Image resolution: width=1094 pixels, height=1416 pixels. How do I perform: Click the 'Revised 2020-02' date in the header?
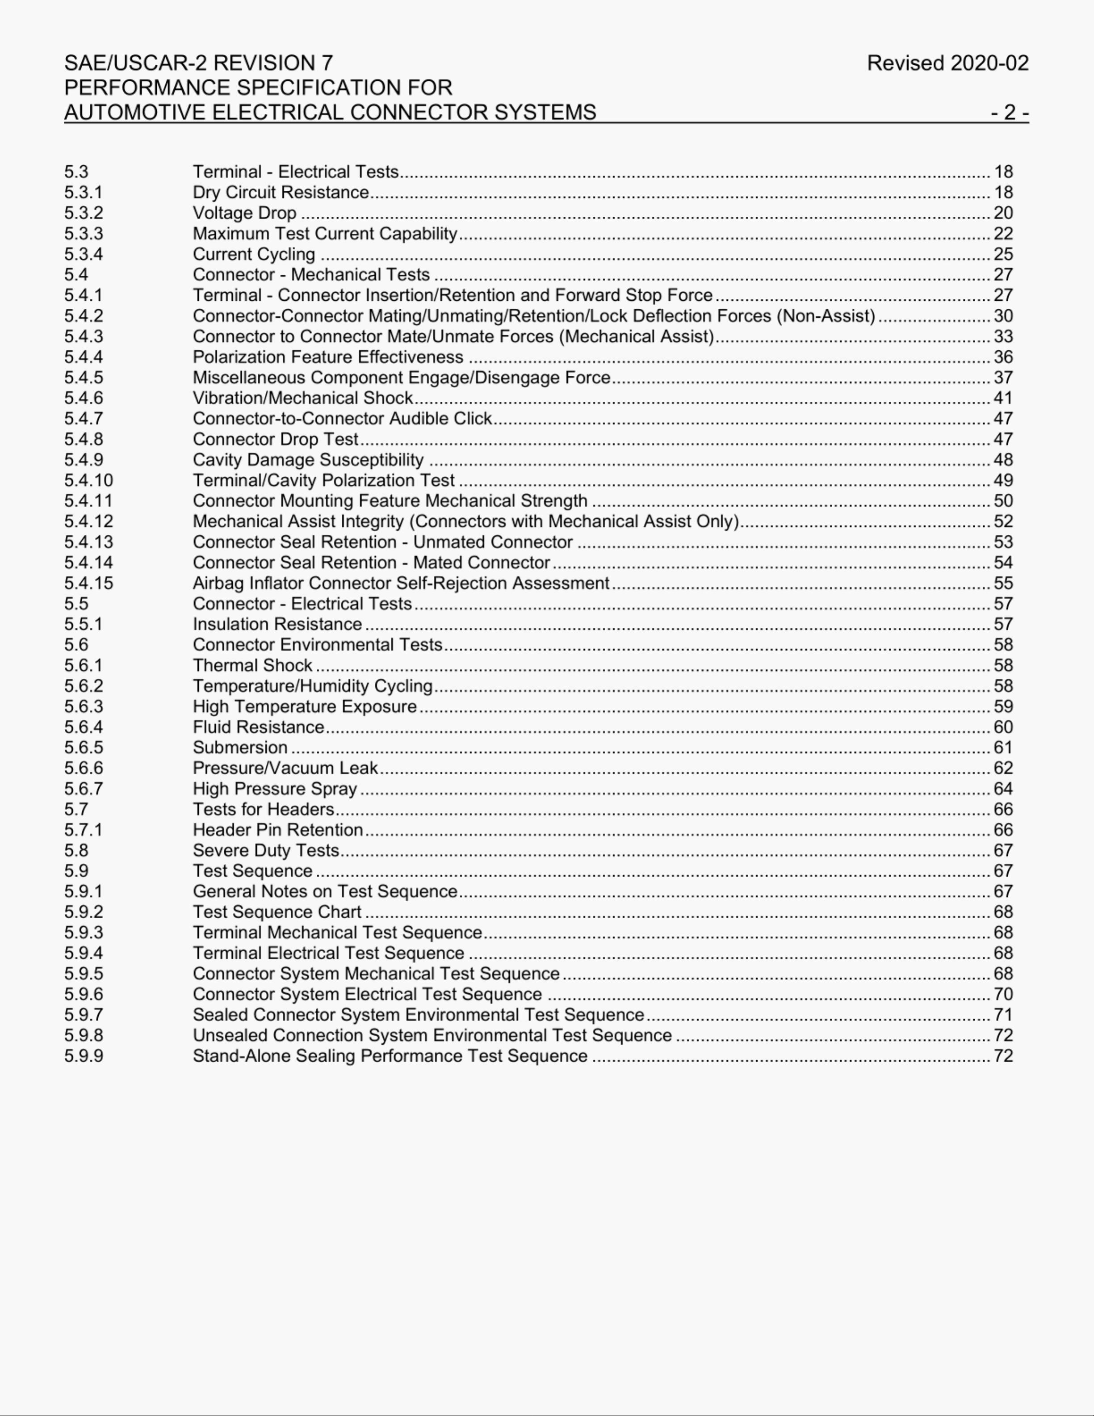(x=947, y=63)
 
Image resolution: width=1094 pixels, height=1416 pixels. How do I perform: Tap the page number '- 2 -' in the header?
(x=1009, y=112)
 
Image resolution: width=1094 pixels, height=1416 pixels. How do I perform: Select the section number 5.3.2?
(x=83, y=213)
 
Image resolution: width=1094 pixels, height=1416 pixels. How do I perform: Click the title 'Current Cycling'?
(x=253, y=254)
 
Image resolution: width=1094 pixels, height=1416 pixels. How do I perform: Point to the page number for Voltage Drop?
(x=1002, y=213)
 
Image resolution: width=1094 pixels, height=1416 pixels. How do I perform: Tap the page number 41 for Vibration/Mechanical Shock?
(x=1002, y=398)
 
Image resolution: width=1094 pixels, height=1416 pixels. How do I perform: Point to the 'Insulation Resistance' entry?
(x=277, y=624)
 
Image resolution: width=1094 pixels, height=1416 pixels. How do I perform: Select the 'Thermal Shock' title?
(x=252, y=665)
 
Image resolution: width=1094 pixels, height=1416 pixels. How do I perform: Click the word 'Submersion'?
(x=240, y=748)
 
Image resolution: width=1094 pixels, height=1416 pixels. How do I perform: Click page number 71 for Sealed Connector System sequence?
(x=1002, y=1015)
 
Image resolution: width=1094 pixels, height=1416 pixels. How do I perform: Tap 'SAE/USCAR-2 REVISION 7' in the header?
(x=198, y=63)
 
